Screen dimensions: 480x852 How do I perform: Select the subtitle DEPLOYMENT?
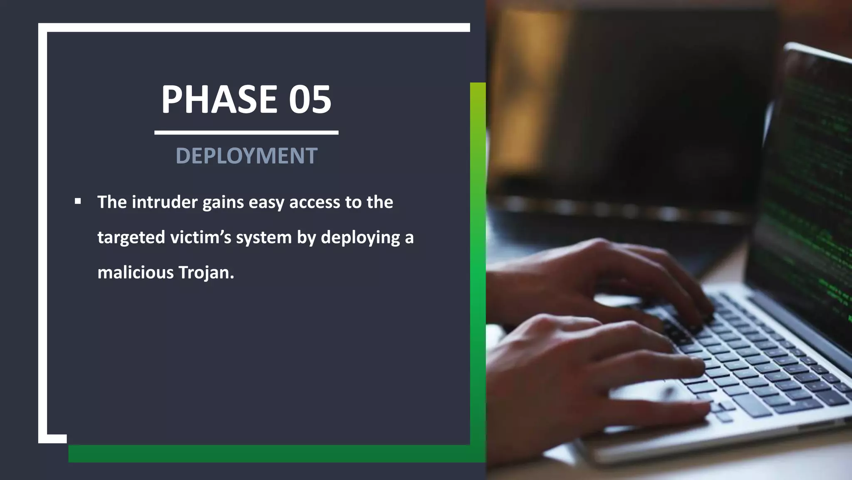(x=246, y=156)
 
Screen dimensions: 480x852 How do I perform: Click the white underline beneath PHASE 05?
(x=246, y=132)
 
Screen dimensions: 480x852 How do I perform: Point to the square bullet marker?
(x=78, y=202)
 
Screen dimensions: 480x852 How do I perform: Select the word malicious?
(x=136, y=272)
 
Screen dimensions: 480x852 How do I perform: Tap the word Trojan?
(x=206, y=273)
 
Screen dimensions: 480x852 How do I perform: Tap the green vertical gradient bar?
(x=478, y=262)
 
